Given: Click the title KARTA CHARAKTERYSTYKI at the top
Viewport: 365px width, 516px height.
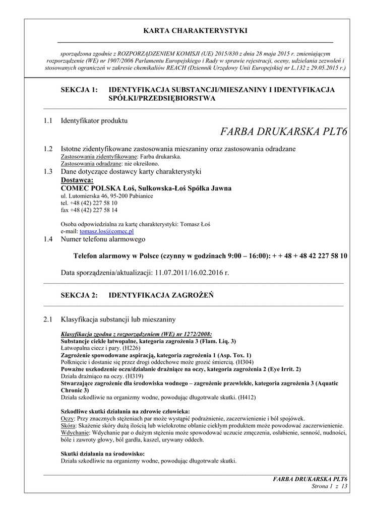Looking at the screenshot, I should (x=195, y=31).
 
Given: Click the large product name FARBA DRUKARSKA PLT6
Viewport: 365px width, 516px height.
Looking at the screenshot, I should (x=284, y=133).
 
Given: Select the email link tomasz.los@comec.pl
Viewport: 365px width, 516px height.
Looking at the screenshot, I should (x=106, y=231).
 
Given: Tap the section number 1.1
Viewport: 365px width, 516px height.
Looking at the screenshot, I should (x=48, y=121).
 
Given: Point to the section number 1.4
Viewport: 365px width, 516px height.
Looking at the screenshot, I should (x=48, y=239).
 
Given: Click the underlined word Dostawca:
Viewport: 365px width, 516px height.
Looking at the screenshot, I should (x=77, y=180).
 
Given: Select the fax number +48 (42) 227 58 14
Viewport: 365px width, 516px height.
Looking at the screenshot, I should (x=89, y=210).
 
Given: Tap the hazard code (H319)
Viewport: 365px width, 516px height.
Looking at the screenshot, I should (x=134, y=376).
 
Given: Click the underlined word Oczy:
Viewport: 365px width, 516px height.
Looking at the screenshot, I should (x=68, y=419).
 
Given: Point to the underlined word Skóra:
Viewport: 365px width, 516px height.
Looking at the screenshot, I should (x=69, y=426).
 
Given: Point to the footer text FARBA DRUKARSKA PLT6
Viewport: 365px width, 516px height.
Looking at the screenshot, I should (x=311, y=479).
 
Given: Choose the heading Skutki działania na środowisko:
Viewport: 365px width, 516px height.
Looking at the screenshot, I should (x=102, y=454).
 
